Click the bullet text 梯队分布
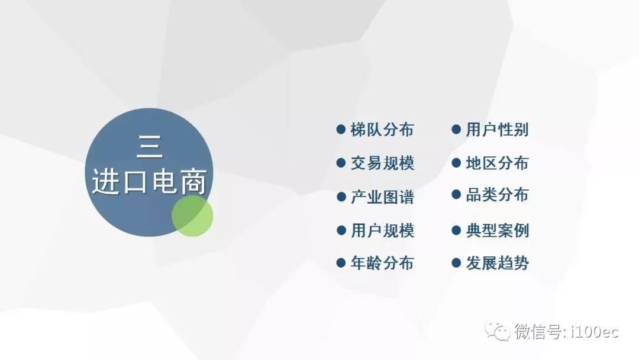coord(382,130)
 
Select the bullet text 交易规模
coord(382,163)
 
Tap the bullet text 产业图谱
coord(382,197)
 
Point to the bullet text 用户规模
coord(382,231)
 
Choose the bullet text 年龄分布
coord(382,263)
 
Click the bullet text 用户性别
coord(497,130)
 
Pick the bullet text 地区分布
coord(497,163)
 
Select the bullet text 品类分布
coord(497,195)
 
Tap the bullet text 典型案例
coord(497,231)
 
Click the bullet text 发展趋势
coord(497,263)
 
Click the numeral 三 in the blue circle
coord(150,147)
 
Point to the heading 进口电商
coord(149,181)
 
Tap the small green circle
coord(192,216)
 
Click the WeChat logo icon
coord(497,331)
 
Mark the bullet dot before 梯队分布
coord(341,130)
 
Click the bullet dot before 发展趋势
coord(456,263)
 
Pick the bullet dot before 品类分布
coord(456,195)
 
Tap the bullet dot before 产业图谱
coord(341,197)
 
